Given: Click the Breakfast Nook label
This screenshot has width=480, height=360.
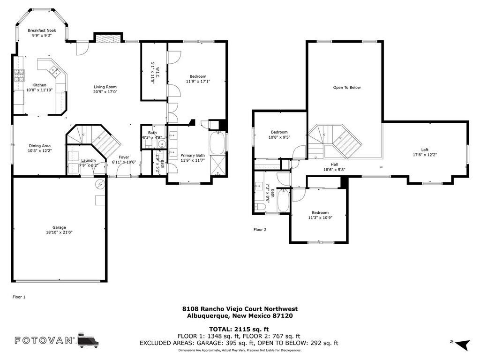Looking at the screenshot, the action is click(x=42, y=30).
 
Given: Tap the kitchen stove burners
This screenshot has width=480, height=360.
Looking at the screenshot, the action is click(x=19, y=76).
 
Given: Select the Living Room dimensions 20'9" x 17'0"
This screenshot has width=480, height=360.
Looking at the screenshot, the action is click(x=105, y=91).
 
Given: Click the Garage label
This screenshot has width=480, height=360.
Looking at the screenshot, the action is click(x=59, y=227).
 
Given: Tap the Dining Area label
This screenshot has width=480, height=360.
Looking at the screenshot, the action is click(x=39, y=146).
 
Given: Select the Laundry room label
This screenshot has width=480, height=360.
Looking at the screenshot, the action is click(x=89, y=160).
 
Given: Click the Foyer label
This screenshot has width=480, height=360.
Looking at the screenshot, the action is click(x=124, y=157).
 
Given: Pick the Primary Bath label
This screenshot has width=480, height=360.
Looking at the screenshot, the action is click(x=193, y=156).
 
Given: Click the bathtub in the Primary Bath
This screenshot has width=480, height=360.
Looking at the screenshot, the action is click(x=217, y=143).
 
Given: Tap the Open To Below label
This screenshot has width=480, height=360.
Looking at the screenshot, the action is click(x=347, y=88).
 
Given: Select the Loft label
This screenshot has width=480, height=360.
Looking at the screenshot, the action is click(x=425, y=150).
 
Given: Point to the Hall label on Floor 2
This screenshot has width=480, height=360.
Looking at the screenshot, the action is click(x=334, y=165).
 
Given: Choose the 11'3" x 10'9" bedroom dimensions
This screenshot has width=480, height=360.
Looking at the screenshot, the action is click(x=320, y=217).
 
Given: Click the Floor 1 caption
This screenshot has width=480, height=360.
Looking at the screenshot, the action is click(x=19, y=297).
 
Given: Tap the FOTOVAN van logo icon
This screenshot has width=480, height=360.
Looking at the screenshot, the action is click(x=88, y=340).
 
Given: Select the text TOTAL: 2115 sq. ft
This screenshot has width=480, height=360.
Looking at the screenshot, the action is click(x=239, y=330).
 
